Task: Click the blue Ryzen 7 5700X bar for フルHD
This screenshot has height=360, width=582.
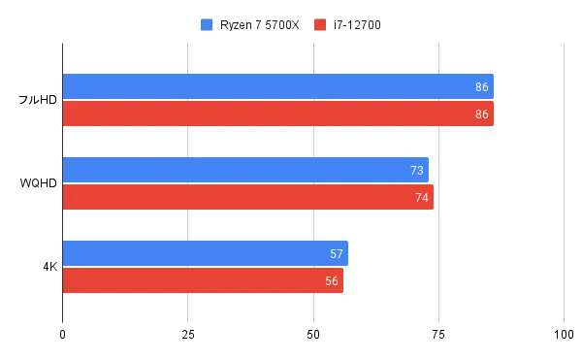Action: pos(277,87)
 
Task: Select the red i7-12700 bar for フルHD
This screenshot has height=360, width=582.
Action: pos(277,115)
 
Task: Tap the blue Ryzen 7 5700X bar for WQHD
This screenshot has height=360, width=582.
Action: pos(245,171)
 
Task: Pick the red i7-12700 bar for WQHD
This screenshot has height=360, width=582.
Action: pos(247,198)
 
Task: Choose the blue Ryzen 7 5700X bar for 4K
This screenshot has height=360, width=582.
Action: pos(205,254)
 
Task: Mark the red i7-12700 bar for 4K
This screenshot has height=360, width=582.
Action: pos(203,280)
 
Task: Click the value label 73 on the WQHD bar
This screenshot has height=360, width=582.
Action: pos(417,171)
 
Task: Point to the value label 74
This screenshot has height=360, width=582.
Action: pos(422,198)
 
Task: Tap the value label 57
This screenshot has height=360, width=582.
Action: pos(337,254)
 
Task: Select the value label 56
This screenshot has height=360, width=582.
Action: pos(332,280)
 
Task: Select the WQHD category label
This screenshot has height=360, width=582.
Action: pos(39,184)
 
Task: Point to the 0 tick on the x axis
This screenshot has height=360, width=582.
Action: pos(63,335)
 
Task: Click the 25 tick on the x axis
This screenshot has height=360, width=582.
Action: pos(188,335)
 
